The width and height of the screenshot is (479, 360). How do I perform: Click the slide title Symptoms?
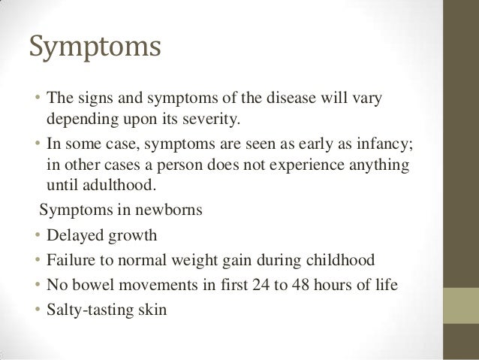(95, 47)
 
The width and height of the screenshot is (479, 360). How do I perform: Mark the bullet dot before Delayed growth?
(37, 237)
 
